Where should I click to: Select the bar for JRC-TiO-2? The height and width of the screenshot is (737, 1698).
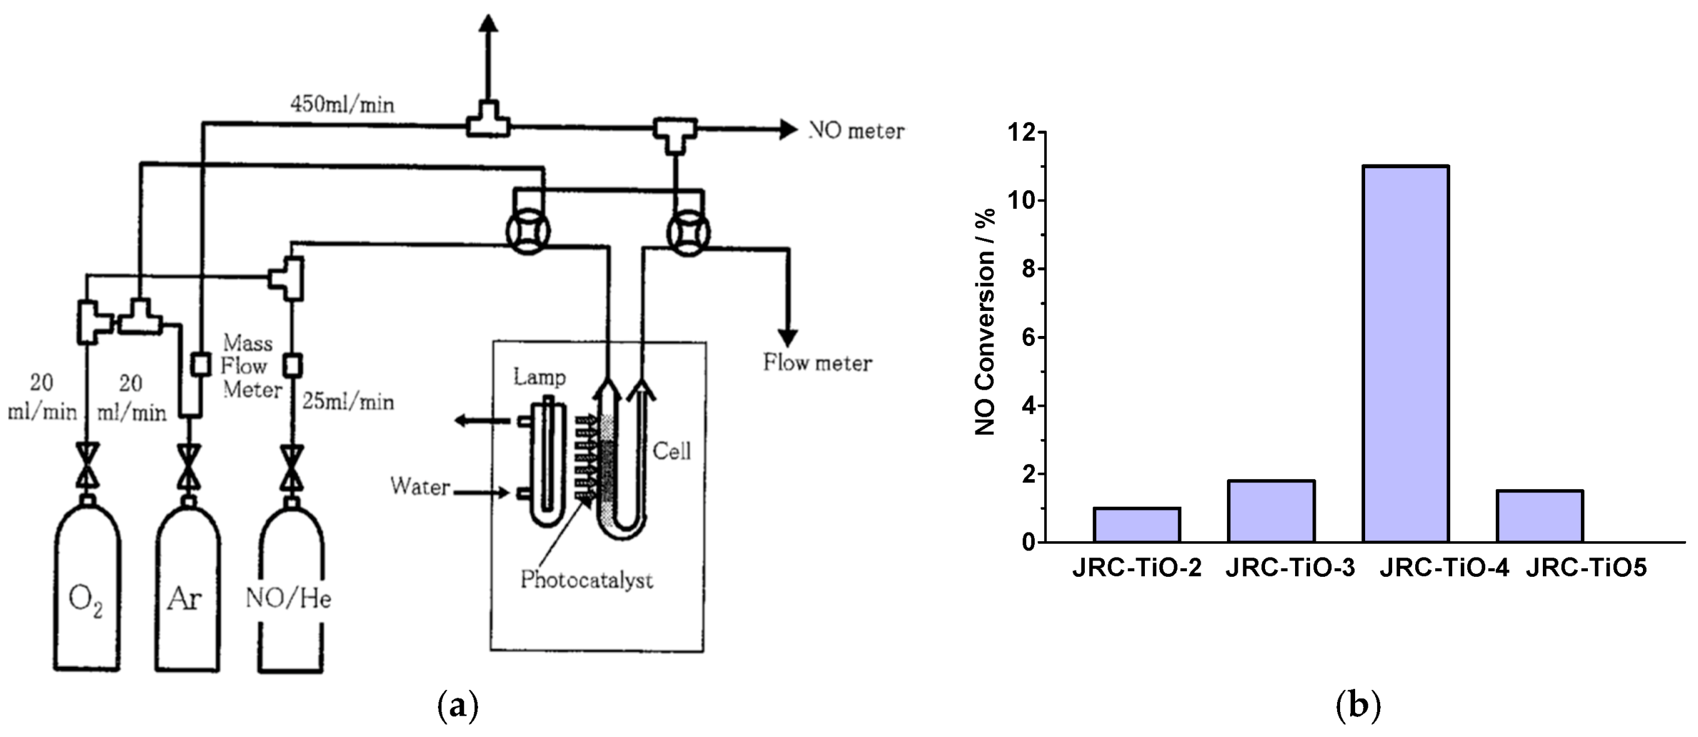[x=1136, y=525]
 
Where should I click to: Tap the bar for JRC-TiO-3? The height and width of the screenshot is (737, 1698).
[x=1271, y=512]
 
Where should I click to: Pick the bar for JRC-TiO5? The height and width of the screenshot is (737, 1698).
[x=1539, y=516]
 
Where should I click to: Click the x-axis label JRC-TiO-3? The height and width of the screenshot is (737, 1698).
[x=1290, y=568]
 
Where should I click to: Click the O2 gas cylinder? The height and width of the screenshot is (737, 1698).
[x=87, y=593]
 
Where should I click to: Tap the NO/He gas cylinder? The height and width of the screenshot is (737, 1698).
[x=291, y=593]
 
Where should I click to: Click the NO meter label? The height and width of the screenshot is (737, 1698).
[x=857, y=131]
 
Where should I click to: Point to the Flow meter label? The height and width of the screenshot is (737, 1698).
[x=817, y=363]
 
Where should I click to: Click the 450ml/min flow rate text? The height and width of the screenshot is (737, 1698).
[x=343, y=104]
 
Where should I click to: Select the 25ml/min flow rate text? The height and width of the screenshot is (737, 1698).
[x=348, y=402]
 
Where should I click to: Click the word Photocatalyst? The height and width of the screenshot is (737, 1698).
[x=587, y=580]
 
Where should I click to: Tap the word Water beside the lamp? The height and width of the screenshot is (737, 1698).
[x=420, y=487]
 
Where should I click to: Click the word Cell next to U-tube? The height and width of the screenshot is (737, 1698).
[x=672, y=452]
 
